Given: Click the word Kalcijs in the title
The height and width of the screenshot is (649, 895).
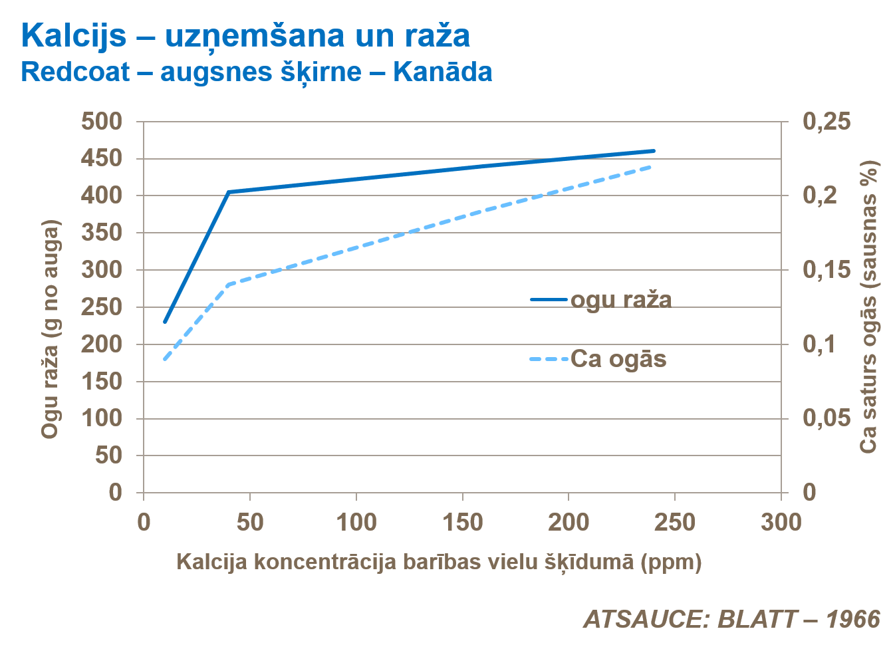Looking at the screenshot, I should [x=73, y=35].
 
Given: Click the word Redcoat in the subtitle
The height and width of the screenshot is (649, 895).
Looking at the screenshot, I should [x=74, y=72].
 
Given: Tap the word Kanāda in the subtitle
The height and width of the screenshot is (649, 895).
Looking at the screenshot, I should [x=442, y=72].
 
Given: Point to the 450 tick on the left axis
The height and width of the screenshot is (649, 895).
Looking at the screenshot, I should [x=102, y=158].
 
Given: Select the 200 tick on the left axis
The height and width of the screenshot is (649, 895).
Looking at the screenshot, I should [x=102, y=344].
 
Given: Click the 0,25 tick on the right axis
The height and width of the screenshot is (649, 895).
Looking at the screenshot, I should [x=826, y=121].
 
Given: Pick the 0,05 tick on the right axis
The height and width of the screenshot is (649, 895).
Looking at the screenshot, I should [x=826, y=418].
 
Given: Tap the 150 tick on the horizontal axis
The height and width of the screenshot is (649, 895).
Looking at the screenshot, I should [x=462, y=523].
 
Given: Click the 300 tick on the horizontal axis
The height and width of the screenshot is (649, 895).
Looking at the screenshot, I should [x=781, y=523].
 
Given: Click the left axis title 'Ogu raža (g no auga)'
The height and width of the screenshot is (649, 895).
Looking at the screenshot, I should [x=51, y=329].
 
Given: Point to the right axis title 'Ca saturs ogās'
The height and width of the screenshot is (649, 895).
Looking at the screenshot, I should [x=868, y=307].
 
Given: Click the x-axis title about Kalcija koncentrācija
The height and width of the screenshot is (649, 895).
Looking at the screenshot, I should [x=439, y=562].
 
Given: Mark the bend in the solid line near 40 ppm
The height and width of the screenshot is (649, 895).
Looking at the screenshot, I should [x=228, y=192].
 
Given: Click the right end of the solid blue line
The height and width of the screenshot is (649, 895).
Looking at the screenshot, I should [x=654, y=151].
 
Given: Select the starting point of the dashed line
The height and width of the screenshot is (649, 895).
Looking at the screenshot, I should [x=165, y=359].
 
